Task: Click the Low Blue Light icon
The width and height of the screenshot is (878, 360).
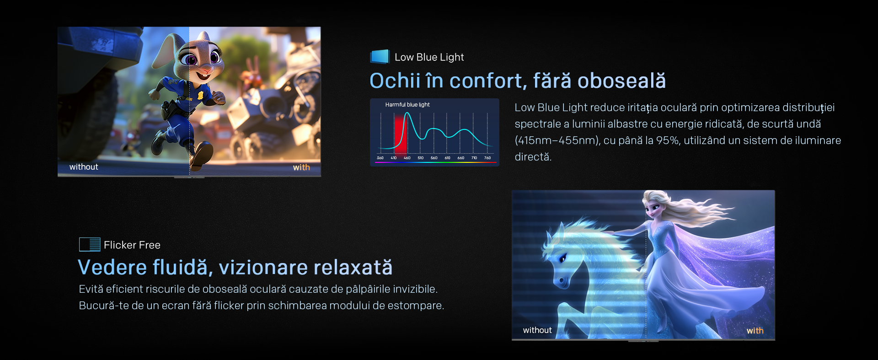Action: pyautogui.click(x=380, y=56)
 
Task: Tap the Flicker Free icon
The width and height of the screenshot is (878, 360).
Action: pyautogui.click(x=90, y=244)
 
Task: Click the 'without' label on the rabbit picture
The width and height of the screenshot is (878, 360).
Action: pyautogui.click(x=84, y=167)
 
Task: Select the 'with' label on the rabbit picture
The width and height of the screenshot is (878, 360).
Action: pyautogui.click(x=301, y=167)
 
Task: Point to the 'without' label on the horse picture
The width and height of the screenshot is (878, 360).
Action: pyautogui.click(x=537, y=330)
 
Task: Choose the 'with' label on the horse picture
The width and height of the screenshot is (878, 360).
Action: pyautogui.click(x=755, y=331)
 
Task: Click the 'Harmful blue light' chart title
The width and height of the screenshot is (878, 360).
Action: pyautogui.click(x=407, y=105)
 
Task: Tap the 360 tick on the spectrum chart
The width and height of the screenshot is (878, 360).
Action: pyautogui.click(x=380, y=158)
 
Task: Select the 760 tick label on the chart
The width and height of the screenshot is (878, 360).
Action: pyautogui.click(x=487, y=158)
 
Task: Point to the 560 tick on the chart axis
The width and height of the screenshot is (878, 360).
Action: pyautogui.click(x=434, y=158)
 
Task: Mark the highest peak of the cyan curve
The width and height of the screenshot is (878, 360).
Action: pyautogui.click(x=407, y=113)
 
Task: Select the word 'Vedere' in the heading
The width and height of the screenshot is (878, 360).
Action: pyautogui.click(x=112, y=267)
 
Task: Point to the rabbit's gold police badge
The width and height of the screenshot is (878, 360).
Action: pyautogui.click(x=200, y=95)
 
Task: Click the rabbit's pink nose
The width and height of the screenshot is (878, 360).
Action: pyautogui.click(x=207, y=68)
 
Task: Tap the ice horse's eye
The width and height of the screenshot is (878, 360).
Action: pyautogui.click(x=562, y=259)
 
